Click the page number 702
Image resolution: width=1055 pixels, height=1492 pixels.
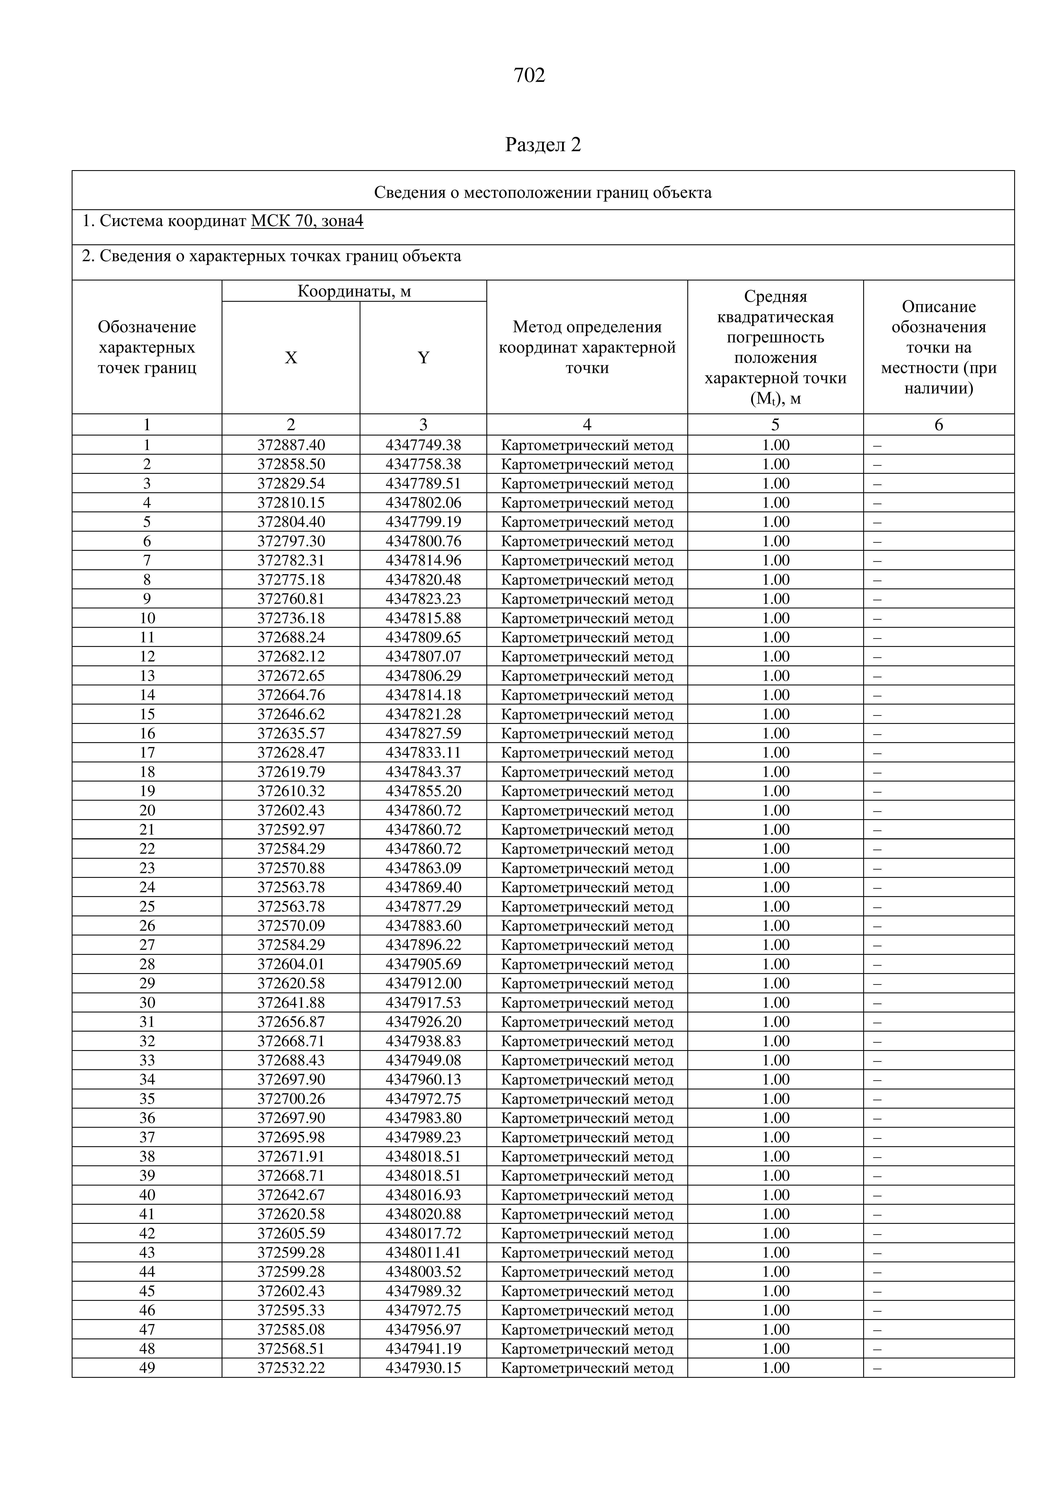(529, 76)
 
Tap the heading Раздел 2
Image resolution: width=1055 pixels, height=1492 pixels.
(543, 145)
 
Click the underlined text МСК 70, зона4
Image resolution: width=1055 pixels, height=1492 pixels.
(307, 222)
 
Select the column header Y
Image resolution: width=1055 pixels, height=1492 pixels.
(423, 357)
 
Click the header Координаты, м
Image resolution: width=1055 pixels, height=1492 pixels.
(354, 291)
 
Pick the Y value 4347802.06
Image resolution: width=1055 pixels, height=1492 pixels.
(423, 503)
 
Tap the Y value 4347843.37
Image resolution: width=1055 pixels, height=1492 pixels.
(423, 772)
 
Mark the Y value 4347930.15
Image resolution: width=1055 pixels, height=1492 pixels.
(423, 1368)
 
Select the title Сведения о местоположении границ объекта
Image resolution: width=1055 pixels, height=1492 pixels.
(543, 192)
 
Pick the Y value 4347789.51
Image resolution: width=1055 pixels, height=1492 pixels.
(423, 483)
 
